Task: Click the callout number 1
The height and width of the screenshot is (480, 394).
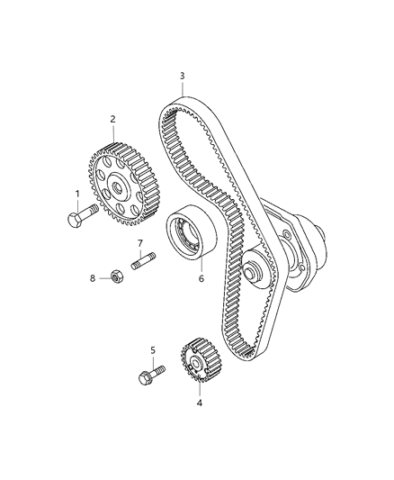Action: (77, 193)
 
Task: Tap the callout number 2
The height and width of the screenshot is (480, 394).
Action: (113, 119)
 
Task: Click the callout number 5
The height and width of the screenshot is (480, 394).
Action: (153, 349)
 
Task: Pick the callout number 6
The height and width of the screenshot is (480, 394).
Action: (201, 278)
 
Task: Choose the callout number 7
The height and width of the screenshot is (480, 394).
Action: (140, 243)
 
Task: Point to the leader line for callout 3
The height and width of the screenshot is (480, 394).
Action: (182, 90)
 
